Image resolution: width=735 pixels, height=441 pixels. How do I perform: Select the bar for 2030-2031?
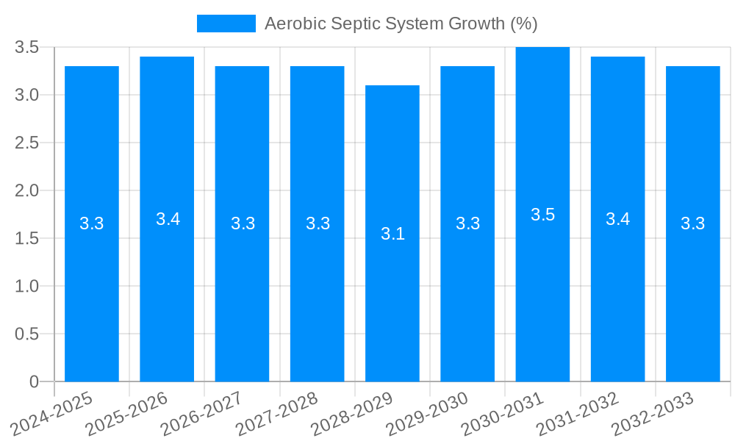(542, 294)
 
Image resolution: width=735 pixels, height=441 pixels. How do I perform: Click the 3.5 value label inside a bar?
(542, 215)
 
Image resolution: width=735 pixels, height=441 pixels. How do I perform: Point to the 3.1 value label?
(392, 234)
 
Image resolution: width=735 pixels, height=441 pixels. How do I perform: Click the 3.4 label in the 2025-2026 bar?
(168, 219)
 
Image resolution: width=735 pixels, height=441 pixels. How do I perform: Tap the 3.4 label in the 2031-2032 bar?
(617, 219)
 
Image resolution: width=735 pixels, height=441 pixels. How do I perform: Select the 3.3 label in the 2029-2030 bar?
(467, 223)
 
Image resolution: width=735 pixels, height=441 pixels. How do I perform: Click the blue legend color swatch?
(226, 24)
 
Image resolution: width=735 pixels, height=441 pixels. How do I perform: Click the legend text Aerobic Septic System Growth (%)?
(401, 24)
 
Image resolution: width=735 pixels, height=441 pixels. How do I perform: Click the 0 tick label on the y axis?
(35, 381)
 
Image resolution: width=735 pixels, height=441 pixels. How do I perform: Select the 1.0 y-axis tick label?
(27, 286)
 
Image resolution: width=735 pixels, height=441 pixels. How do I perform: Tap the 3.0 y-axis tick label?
(27, 95)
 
